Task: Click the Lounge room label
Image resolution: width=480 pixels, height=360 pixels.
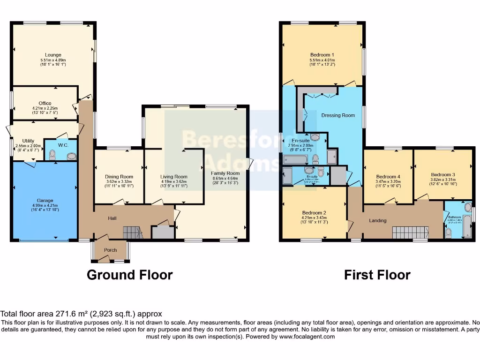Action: tap(53, 55)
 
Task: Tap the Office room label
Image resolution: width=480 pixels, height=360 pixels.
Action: tap(45, 104)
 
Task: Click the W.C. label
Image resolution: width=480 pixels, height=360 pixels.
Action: tap(63, 145)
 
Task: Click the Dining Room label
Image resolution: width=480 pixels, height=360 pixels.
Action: tap(119, 177)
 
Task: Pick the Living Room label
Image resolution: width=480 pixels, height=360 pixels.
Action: tap(174, 177)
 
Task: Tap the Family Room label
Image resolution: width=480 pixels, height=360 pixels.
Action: tap(225, 173)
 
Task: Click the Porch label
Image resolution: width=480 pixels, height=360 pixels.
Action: tap(110, 250)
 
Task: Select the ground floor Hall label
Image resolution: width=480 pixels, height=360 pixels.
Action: tap(112, 218)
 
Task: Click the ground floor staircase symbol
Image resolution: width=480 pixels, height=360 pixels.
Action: tap(133, 232)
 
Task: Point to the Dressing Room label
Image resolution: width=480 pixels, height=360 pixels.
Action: tap(338, 115)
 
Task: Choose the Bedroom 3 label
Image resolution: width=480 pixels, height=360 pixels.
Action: tap(443, 174)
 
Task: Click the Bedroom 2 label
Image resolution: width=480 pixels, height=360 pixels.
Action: tap(314, 213)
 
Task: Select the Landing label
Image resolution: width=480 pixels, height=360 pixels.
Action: tap(378, 220)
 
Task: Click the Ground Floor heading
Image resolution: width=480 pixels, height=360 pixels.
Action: tap(130, 275)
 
